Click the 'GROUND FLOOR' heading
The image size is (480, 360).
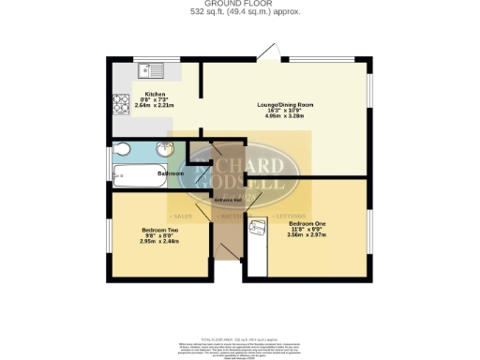click(239, 5)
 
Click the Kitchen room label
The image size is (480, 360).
click(155, 95)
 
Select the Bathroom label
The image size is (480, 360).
click(170, 174)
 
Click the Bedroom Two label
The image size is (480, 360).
click(156, 230)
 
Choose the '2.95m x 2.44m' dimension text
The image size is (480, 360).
click(156, 241)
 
